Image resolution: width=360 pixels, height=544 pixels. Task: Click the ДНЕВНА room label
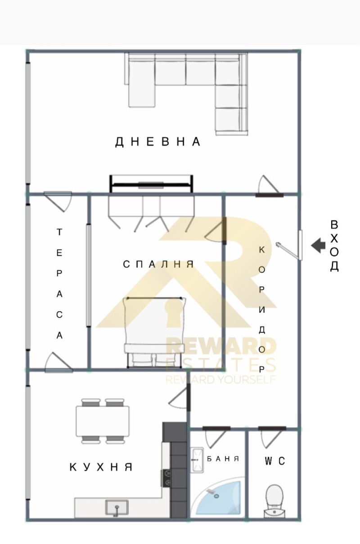pyautogui.click(x=158, y=142)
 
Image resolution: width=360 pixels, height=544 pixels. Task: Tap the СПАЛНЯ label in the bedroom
pyautogui.click(x=158, y=264)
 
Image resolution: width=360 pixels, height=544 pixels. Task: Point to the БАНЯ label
pyautogui.click(x=223, y=459)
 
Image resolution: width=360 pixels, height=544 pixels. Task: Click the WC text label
pyautogui.click(x=275, y=461)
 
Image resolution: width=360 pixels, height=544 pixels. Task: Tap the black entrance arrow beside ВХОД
pyautogui.click(x=319, y=245)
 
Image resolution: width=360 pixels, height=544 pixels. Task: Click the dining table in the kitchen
pyautogui.click(x=103, y=421)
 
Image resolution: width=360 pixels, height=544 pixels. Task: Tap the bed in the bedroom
pyautogui.click(x=154, y=330)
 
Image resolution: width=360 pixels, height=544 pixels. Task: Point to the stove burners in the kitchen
pyautogui.click(x=167, y=477)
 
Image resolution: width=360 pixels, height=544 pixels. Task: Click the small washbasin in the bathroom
pyautogui.click(x=197, y=459)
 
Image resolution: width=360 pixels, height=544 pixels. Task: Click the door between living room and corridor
pyautogui.click(x=268, y=186)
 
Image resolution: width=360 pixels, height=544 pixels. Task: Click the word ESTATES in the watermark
pyautogui.click(x=220, y=364)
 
